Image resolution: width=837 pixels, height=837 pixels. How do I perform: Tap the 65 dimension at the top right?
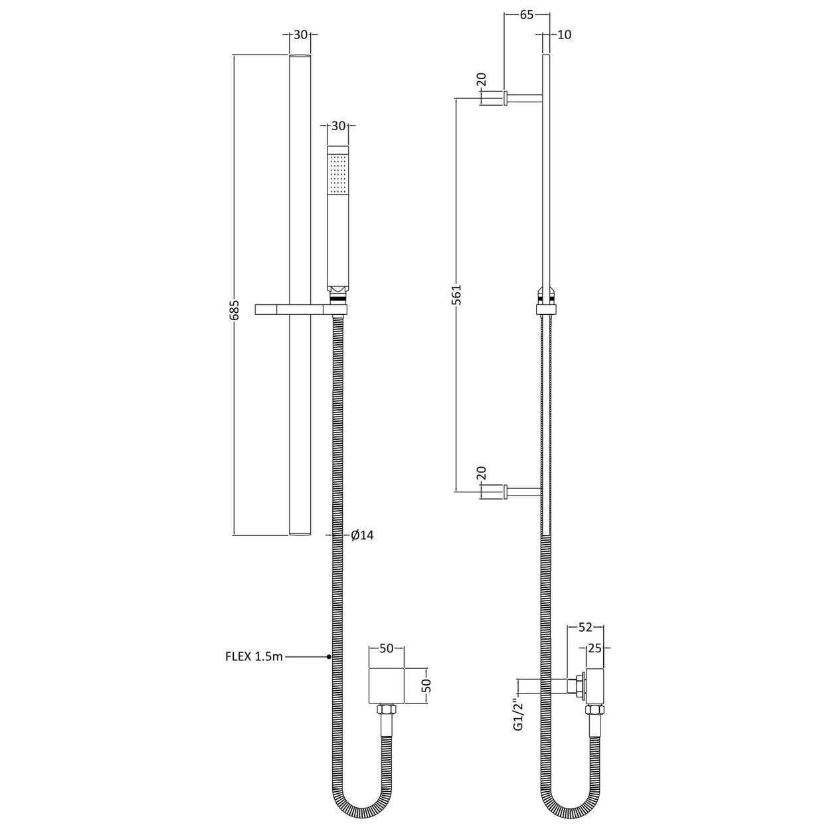(526, 15)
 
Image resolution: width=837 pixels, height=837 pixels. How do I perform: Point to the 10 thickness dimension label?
(564, 35)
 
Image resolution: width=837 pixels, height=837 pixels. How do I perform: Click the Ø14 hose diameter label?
(361, 535)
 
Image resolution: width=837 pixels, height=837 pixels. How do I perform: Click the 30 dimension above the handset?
(337, 126)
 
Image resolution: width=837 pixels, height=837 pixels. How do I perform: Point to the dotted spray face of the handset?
(337, 173)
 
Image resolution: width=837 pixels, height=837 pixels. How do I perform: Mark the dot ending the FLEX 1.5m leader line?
(329, 657)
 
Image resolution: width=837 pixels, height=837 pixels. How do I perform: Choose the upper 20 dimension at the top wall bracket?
(482, 80)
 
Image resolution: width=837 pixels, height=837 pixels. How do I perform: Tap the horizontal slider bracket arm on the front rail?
(292, 309)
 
